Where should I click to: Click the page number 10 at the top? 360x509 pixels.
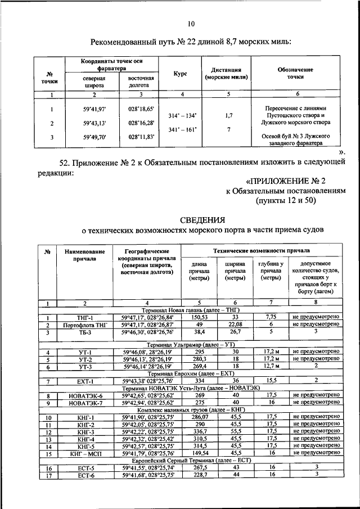coord(191,24)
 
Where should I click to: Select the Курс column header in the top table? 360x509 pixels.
coord(181,74)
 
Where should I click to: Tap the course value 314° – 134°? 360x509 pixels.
coord(183,115)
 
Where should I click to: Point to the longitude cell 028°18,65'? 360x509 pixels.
coord(141,109)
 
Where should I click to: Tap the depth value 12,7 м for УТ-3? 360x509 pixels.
coord(271,367)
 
